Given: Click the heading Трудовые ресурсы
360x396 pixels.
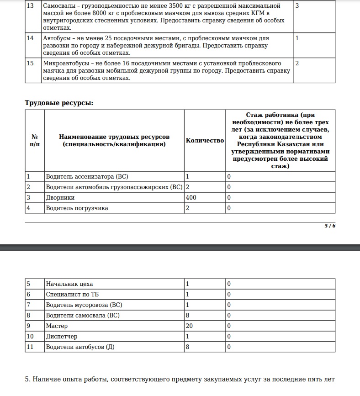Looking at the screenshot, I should pyautogui.click(x=59, y=103).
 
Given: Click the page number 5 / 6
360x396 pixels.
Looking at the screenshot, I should pyautogui.click(x=330, y=226).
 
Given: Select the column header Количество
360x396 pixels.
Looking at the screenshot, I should pyautogui.click(x=205, y=141).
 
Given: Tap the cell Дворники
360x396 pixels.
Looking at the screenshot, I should pyautogui.click(x=60, y=198).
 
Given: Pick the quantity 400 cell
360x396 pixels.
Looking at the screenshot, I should pyautogui.click(x=191, y=198).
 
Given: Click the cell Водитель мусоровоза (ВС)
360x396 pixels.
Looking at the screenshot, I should pyautogui.click(x=84, y=305).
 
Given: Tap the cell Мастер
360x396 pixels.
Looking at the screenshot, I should pyautogui.click(x=57, y=326).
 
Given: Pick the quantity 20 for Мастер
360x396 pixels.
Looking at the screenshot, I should pyautogui.click(x=190, y=326).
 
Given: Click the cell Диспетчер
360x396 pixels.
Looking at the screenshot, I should pyautogui.click(x=62, y=337).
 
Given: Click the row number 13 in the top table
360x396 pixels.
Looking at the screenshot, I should pyautogui.click(x=30, y=6).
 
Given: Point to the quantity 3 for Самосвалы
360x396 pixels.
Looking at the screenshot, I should pyautogui.click(x=297, y=6).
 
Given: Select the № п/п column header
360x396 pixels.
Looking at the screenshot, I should pyautogui.click(x=34, y=141).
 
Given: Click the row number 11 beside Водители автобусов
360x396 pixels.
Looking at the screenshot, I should pyautogui.click(x=30, y=347).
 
